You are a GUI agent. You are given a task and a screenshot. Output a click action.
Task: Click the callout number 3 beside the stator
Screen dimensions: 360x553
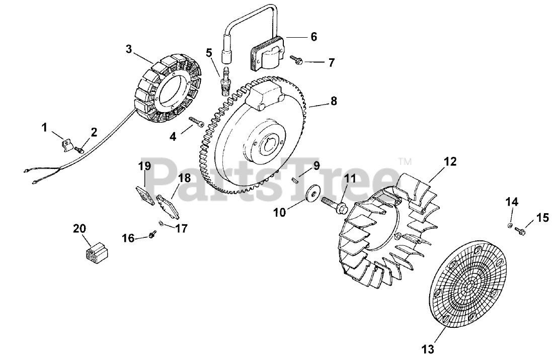pyautogui.click(x=129, y=49)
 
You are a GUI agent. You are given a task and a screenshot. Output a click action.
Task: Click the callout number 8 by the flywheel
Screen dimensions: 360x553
pyautogui.click(x=334, y=101)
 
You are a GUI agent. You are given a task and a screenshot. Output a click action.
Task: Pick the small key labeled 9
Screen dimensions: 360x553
pyautogui.click(x=298, y=176)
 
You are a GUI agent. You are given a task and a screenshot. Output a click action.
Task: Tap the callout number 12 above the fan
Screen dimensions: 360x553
pyautogui.click(x=450, y=161)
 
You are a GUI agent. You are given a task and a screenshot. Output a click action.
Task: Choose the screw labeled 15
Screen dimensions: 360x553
pyautogui.click(x=522, y=231)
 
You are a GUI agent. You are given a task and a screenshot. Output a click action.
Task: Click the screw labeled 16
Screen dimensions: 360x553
pyautogui.click(x=151, y=234)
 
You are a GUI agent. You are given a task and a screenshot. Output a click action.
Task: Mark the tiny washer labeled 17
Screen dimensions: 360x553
pyautogui.click(x=160, y=223)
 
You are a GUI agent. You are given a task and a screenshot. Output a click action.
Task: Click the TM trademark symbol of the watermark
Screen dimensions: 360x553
pyautogui.click(x=404, y=162)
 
